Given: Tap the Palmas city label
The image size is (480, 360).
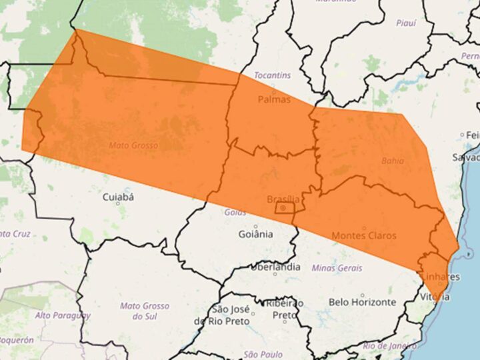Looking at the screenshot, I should point(274,100).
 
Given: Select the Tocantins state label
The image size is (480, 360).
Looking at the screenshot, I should point(272,75).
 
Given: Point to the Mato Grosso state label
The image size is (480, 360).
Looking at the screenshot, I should point(133,145).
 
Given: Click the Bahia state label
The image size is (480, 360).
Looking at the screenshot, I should point(393,161).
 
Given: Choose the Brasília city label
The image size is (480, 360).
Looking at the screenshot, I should point(283,199).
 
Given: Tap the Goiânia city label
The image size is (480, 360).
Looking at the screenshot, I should point(256,234).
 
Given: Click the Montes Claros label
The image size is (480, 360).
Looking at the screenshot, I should point(363,235).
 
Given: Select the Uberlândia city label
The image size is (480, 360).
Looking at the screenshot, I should point(275,267).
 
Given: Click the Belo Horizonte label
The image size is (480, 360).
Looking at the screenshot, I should point(362,302).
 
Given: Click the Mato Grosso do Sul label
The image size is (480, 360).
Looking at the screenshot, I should point(145,311).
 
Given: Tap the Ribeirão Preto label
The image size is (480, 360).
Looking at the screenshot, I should point(285,309).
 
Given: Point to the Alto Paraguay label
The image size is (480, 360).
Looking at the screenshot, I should point(63,315).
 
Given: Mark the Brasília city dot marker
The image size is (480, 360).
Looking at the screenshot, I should point(283,209).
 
